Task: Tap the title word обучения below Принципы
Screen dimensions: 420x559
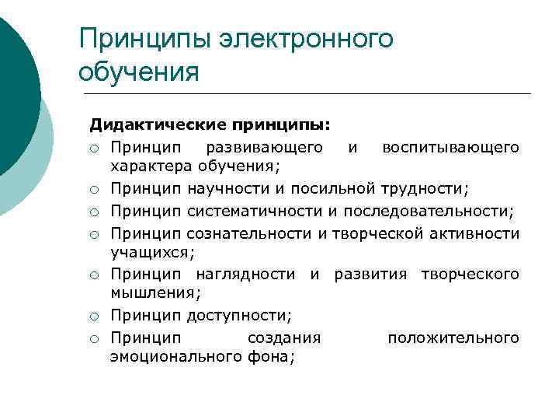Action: (x=139, y=72)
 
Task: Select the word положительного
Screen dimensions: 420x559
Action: (x=453, y=338)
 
